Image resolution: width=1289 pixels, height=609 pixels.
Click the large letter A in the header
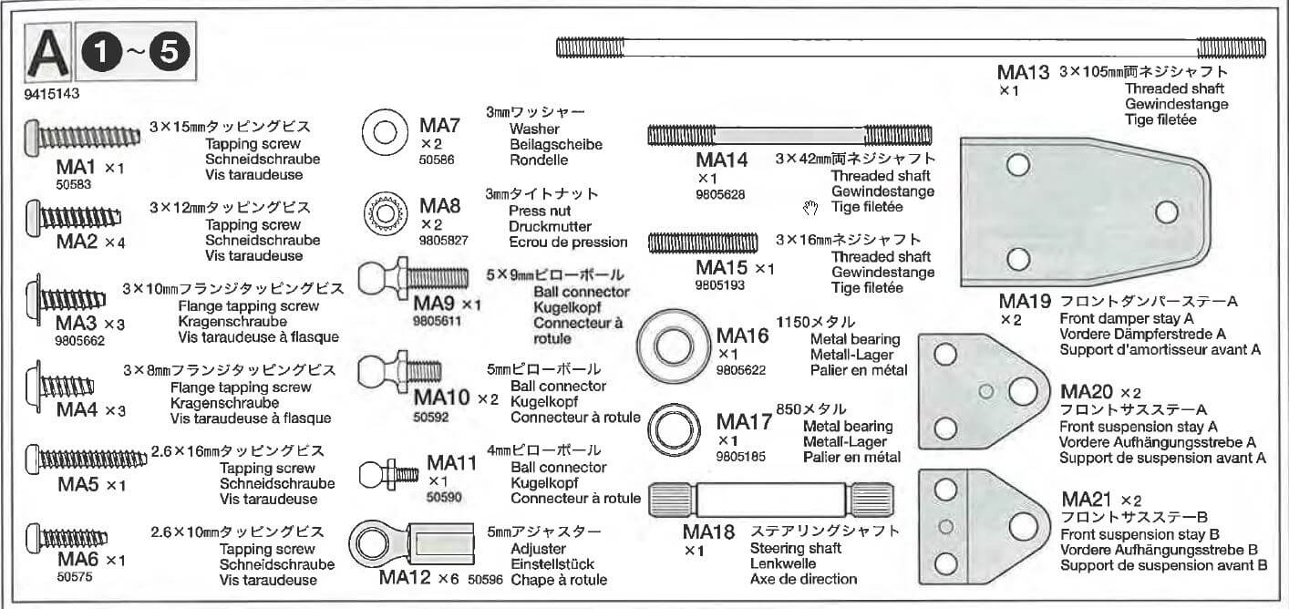pos(49,57)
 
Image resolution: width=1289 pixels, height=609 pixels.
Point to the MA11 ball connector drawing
pos(388,473)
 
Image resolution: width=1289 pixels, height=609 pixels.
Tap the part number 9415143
pos(52,93)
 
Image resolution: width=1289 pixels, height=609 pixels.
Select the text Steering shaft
pos(797,548)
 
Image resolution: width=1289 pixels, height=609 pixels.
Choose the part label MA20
pos(1088,392)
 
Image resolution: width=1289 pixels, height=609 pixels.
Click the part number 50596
pos(485,579)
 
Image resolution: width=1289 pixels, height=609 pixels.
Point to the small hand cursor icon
pos(810,209)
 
